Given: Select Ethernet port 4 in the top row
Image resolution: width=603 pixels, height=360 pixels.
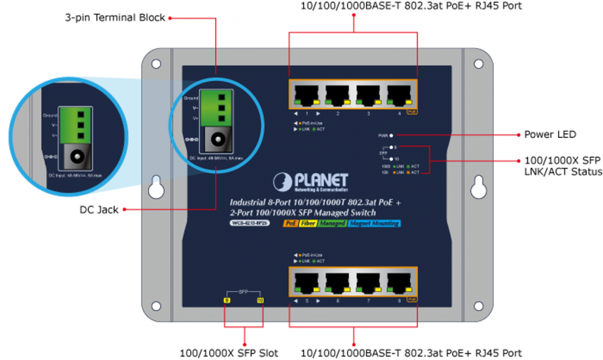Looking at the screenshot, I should [399, 94].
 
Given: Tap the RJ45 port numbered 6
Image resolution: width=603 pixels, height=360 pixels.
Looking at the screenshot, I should [337, 282].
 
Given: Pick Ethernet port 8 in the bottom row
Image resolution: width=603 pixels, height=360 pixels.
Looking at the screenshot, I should [399, 282].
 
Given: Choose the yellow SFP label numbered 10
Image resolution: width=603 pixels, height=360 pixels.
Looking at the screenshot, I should [260, 301].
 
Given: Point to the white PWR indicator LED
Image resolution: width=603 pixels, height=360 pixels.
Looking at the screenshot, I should [391, 136].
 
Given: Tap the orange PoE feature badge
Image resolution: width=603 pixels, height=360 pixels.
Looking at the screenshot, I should [290, 223].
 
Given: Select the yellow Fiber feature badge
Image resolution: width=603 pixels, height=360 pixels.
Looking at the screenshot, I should [308, 223].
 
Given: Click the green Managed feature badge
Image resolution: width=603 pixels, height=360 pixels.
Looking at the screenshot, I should [332, 223].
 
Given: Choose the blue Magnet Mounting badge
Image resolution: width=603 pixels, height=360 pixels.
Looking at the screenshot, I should [374, 223].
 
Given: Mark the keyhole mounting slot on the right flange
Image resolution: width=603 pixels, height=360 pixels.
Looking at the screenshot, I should [478, 186].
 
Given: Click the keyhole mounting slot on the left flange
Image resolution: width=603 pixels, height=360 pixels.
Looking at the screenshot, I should [157, 186].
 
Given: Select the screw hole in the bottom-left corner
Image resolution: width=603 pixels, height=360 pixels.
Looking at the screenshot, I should [156, 306].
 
